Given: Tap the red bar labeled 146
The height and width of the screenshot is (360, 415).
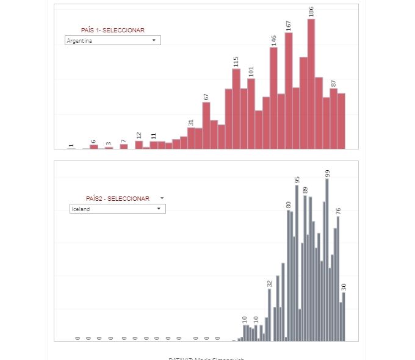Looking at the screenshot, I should (x=273, y=98).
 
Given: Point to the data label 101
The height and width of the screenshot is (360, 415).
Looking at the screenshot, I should (x=251, y=71).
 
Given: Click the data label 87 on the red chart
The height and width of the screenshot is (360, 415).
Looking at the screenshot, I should (x=334, y=83).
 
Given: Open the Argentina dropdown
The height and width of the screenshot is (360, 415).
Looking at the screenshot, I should (x=112, y=40).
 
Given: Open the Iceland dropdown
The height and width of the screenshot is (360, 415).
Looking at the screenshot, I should (x=117, y=209).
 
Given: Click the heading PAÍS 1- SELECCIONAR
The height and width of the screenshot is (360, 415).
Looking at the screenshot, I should (x=113, y=30).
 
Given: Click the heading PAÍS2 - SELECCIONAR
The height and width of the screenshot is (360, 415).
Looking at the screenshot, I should (x=117, y=198).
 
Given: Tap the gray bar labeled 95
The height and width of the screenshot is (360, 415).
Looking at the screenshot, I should (x=297, y=262).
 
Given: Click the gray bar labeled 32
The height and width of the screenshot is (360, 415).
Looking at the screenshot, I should (x=269, y=314).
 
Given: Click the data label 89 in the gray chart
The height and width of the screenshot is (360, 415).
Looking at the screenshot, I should (x=305, y=190).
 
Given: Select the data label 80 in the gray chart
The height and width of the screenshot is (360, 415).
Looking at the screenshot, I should (x=289, y=204).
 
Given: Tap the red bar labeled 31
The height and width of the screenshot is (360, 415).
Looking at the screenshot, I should (x=191, y=138).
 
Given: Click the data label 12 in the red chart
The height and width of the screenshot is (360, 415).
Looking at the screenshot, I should (x=139, y=135).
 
